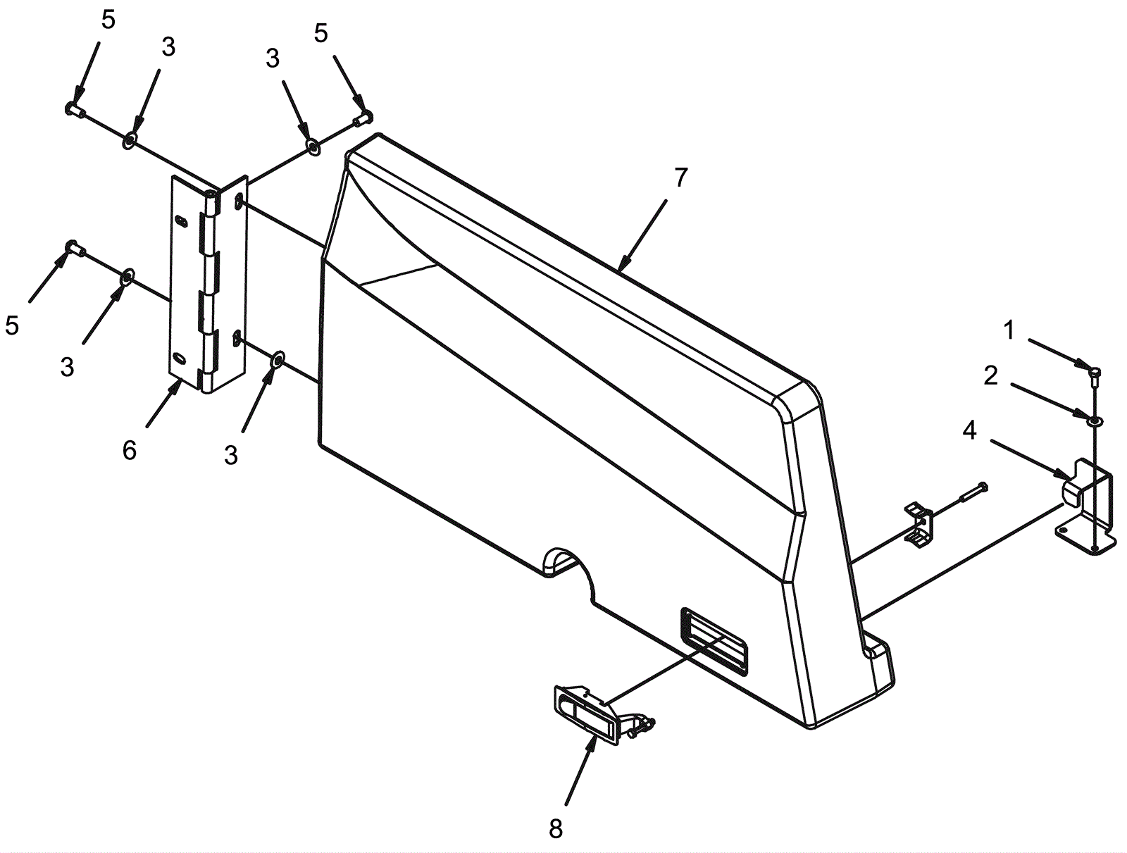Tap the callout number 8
click(556, 828)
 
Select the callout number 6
click(129, 450)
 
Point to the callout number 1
click(1009, 331)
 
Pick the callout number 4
click(969, 431)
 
